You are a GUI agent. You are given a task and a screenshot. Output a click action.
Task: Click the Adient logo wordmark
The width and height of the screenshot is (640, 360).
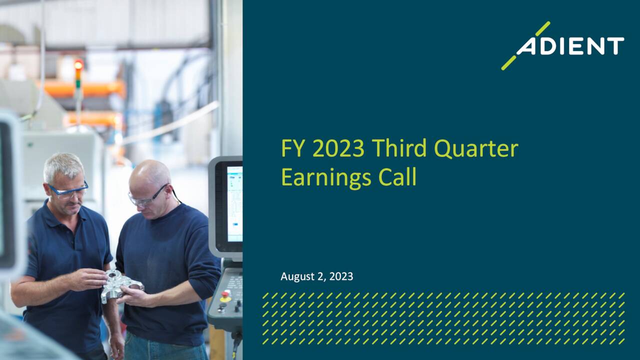pyautogui.click(x=570, y=46)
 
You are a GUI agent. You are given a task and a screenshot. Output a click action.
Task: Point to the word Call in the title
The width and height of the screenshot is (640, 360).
pyautogui.click(x=397, y=177)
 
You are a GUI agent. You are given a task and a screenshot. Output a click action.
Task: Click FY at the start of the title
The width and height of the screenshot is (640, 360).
pyautogui.click(x=291, y=148)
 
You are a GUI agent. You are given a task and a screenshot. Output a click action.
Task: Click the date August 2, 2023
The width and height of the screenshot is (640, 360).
pyautogui.click(x=316, y=276)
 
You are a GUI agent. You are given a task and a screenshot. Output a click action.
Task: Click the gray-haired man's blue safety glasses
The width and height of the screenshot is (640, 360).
pyautogui.click(x=69, y=190)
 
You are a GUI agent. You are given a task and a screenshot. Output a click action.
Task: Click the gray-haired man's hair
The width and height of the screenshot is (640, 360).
pyautogui.click(x=63, y=165)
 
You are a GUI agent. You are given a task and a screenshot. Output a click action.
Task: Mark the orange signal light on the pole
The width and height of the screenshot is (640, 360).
pyautogui.click(x=78, y=65)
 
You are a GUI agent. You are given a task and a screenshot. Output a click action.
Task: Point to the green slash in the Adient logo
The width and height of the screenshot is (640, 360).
pyautogui.click(x=524, y=46)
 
